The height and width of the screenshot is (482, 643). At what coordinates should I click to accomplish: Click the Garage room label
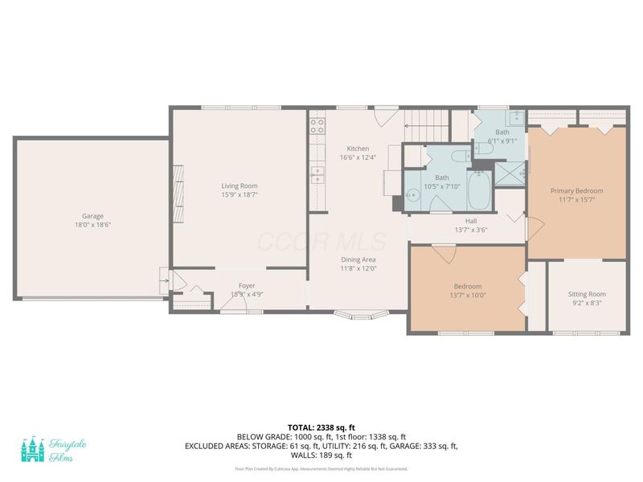click(92, 215)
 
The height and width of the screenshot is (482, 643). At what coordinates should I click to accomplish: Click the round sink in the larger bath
click(412, 194)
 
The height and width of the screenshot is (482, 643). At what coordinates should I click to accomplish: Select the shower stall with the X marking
click(509, 173)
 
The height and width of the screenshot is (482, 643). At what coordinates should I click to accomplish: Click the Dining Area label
click(358, 259)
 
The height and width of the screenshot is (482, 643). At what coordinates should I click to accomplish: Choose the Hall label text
click(471, 221)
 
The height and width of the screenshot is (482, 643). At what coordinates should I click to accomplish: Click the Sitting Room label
click(586, 294)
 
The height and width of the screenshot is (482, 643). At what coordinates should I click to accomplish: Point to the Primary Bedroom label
click(576, 190)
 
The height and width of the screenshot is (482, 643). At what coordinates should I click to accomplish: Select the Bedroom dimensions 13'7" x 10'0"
click(467, 296)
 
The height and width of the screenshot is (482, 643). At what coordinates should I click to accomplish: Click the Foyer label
click(247, 286)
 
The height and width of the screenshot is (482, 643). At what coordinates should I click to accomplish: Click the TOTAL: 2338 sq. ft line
click(321, 427)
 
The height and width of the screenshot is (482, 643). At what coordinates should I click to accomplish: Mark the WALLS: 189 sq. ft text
click(321, 454)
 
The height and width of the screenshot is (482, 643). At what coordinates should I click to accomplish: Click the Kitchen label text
click(358, 149)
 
